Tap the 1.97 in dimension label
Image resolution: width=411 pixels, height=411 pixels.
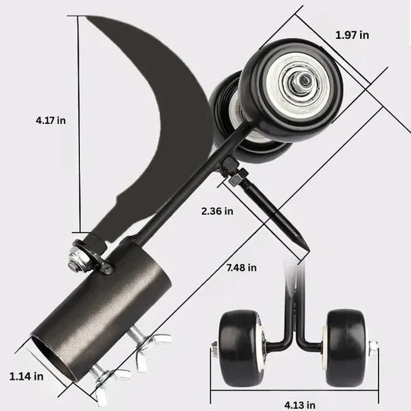click(x=352, y=35)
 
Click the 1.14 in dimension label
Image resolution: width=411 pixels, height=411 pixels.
click(x=26, y=375)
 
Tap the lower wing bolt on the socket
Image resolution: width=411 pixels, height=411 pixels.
click(x=106, y=374)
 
